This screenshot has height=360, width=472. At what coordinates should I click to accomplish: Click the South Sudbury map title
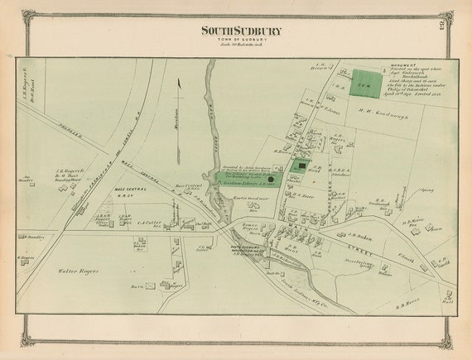(x=241, y=31)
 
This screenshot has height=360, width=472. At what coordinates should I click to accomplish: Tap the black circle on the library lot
(x=270, y=178)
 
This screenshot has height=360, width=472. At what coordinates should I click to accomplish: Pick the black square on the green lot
(x=302, y=166)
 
